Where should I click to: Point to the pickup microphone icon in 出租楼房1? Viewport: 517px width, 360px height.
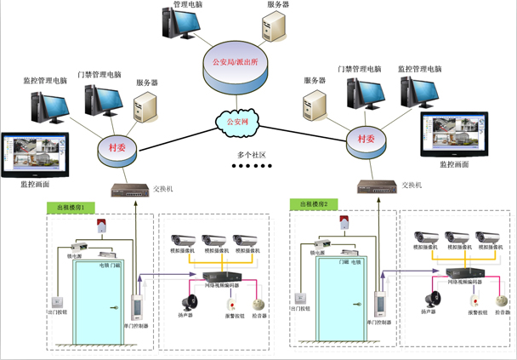258,303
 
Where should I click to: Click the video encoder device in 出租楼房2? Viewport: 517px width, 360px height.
464,273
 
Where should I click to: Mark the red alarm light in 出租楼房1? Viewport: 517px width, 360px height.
102,226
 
